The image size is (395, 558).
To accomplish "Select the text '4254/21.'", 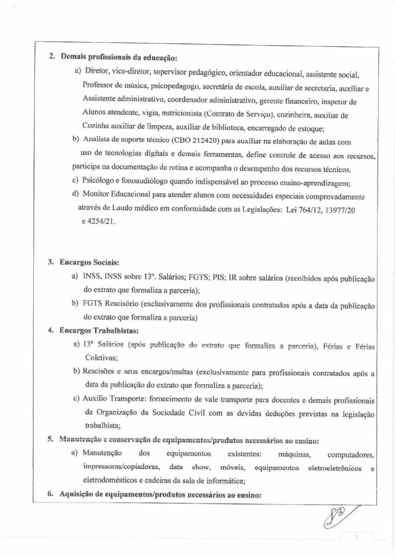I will click(99, 222).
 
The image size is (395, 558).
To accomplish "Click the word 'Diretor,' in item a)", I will click(96, 74).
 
